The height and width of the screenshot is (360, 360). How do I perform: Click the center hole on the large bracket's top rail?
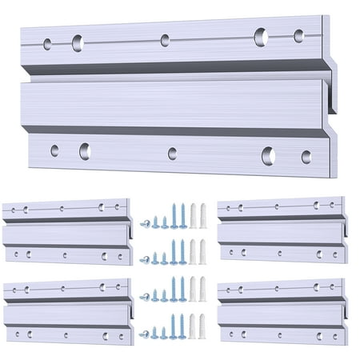165,40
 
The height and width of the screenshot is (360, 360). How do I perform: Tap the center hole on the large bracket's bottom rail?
172,153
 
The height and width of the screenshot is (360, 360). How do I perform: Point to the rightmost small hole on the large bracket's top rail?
298,35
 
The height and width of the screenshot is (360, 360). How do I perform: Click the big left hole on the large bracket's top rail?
78,43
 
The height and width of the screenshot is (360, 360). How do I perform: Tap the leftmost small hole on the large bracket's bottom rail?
54,150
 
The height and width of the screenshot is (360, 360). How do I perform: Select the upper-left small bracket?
67,232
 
